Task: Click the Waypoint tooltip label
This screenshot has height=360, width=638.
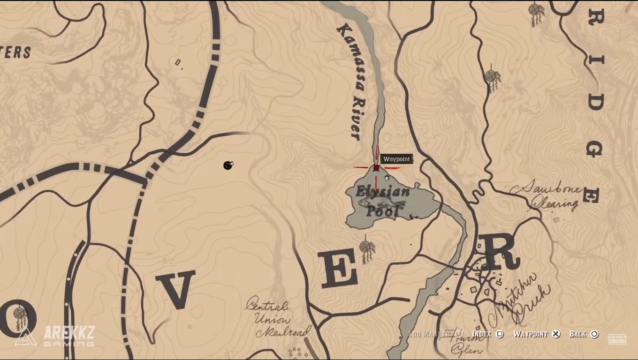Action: pyautogui.click(x=396, y=159)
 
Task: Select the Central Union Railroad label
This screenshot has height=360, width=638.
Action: pyautogui.click(x=276, y=319)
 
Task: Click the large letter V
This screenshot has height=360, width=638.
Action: pyautogui.click(x=175, y=289)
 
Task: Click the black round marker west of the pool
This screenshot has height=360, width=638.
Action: pyautogui.click(x=228, y=165)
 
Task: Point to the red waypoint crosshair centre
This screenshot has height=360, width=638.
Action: pyautogui.click(x=376, y=168)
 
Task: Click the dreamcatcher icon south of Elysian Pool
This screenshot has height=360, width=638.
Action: pyautogui.click(x=367, y=249)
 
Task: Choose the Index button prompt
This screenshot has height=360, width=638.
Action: pyautogui.click(x=487, y=334)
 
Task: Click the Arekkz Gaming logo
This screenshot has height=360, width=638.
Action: pyautogui.click(x=55, y=336)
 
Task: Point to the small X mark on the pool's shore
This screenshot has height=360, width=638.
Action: pyautogui.click(x=411, y=217)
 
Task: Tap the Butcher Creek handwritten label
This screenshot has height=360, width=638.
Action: pyautogui.click(x=518, y=300)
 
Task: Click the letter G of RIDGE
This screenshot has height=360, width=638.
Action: pyautogui.click(x=594, y=149)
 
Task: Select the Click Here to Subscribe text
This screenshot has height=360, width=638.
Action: pyautogui.click(x=617, y=339)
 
